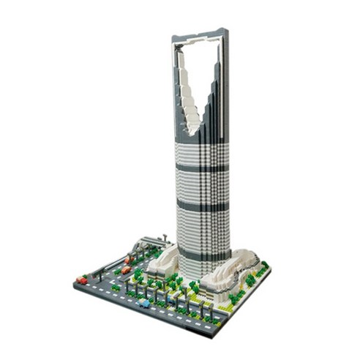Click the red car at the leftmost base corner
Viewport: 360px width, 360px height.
(x=81, y=280)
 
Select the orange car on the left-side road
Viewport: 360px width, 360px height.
(x=126, y=270)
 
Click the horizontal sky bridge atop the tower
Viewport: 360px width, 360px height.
(x=200, y=34)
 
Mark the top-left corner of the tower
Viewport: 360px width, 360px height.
(x=173, y=38)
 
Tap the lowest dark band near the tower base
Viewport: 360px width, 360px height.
(x=203, y=254)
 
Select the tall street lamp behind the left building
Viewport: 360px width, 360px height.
(x=165, y=239)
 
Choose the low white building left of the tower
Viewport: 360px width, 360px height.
(x=163, y=260)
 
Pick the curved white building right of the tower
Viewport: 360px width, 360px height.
(x=230, y=270)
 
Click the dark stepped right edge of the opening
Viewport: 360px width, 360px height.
(x=213, y=95)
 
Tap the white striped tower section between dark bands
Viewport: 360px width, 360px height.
(x=202, y=187)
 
